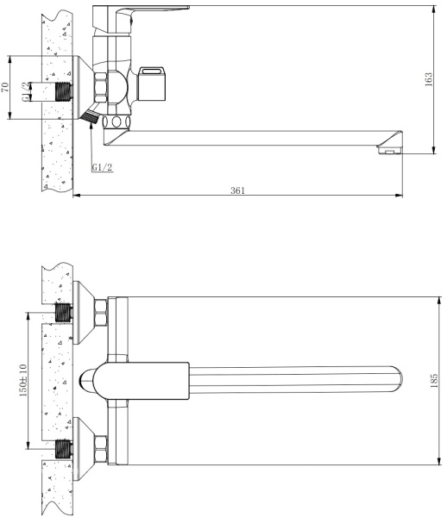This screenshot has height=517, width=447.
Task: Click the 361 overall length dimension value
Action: [x=236, y=190]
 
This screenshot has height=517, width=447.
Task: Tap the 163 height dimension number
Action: [x=429, y=79]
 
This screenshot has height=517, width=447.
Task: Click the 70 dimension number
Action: [x=5, y=87]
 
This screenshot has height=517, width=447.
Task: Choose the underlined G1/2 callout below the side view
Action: [x=102, y=167]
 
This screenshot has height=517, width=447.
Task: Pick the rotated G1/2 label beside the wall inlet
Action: [x=27, y=92]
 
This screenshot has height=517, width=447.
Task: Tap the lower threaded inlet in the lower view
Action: [x=63, y=448]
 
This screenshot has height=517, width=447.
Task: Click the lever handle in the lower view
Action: [x=142, y=379]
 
